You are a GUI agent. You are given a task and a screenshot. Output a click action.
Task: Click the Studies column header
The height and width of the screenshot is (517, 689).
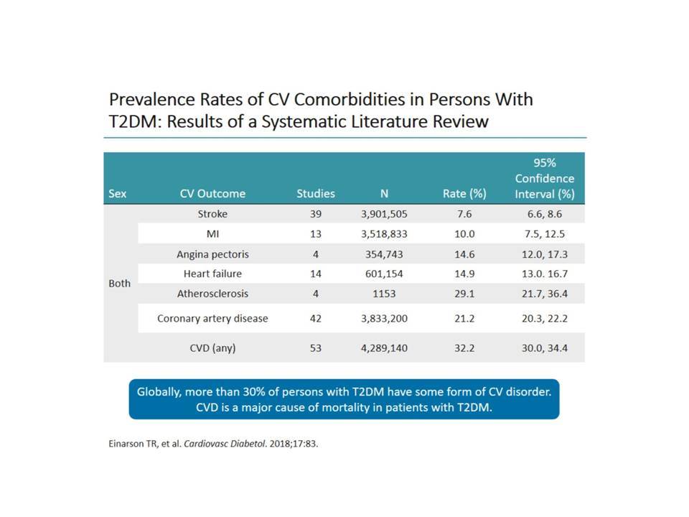coord(316,193)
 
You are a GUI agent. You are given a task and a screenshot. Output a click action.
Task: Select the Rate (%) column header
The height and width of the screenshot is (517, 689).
coord(464,194)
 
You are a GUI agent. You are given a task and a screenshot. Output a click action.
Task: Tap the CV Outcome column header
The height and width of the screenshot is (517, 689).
coord(212,193)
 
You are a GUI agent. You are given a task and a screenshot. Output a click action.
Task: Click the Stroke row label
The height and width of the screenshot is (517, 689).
coord(212,214)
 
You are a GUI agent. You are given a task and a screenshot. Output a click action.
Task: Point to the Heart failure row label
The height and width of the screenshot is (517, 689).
coord(212,274)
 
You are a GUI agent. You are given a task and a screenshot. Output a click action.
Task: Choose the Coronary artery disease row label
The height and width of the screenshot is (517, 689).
coord(212,318)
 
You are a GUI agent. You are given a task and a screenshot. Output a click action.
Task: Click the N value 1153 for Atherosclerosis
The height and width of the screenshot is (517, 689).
coord(384,294)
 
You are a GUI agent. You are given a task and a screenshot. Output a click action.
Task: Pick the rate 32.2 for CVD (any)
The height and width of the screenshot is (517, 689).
coord(464,348)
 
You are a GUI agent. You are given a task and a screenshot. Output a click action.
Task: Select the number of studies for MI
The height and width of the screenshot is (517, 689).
coord(316,234)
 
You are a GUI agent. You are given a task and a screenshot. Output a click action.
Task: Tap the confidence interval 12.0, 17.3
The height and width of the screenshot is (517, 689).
coord(545,254)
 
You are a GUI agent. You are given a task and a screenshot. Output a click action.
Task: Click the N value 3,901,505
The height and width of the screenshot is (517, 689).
coord(384,214)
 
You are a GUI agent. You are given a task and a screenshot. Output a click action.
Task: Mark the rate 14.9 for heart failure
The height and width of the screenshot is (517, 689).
coord(464,274)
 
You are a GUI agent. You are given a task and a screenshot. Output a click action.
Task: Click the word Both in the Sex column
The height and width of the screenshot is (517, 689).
coord(120,284)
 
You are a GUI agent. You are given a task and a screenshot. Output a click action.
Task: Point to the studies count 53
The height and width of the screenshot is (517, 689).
coord(316,348)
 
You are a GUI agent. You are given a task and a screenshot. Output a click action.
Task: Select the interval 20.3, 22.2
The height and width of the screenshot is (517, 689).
coord(545,318)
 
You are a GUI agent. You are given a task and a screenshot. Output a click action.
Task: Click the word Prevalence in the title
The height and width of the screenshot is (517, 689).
coord(151,99)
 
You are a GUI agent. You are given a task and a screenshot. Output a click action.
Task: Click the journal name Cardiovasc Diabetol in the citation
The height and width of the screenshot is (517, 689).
coord(225,444)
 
